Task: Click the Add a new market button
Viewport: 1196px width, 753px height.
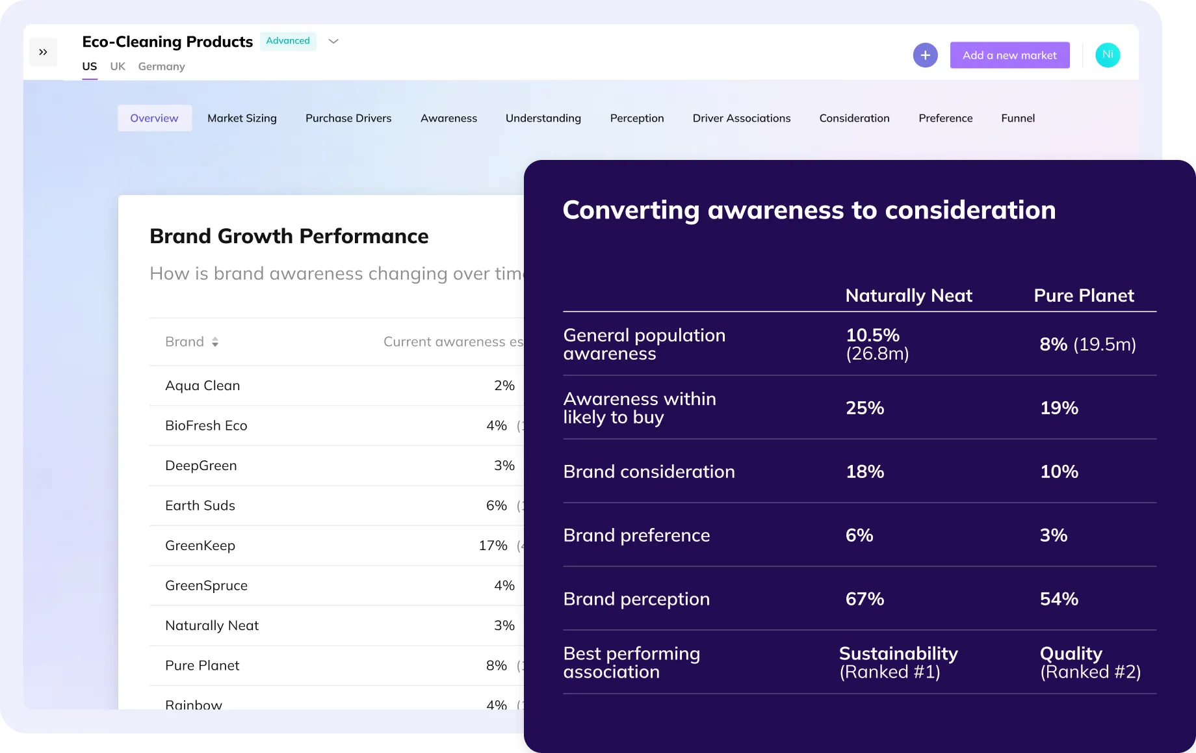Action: coord(1009,55)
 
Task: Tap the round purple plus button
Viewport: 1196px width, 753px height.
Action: coord(925,55)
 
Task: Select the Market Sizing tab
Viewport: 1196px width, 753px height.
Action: coord(242,118)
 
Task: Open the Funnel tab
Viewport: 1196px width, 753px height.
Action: coord(1018,118)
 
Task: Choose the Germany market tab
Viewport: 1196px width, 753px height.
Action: coord(161,66)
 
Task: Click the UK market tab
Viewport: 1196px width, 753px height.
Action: coord(118,66)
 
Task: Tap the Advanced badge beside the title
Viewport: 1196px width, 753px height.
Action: coord(288,41)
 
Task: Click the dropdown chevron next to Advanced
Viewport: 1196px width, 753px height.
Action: coord(333,41)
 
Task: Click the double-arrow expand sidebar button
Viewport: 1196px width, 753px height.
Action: coord(44,52)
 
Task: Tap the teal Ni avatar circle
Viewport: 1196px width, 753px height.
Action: coord(1108,55)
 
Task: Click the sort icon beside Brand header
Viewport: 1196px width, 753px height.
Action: coord(215,342)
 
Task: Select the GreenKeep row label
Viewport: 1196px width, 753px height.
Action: coord(200,546)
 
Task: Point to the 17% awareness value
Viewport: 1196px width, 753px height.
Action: coord(493,546)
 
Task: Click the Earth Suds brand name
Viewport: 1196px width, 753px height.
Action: coord(200,505)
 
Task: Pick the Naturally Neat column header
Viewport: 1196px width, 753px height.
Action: coord(909,296)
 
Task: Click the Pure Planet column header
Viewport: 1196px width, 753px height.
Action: coord(1084,296)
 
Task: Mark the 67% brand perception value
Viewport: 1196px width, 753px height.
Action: coord(864,599)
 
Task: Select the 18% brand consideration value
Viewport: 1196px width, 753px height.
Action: coord(864,471)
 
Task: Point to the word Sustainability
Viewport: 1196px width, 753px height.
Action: coord(898,654)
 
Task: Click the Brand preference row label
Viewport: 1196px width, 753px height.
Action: coord(636,535)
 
